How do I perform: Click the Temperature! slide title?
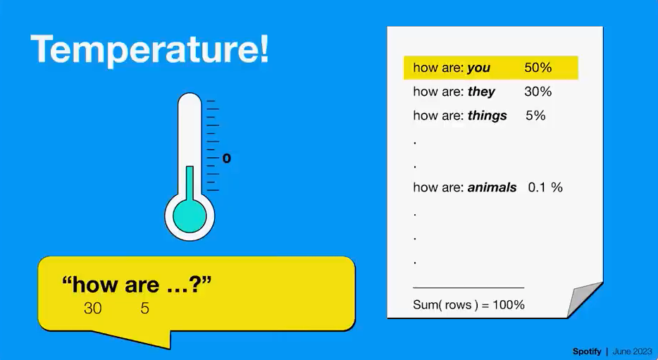click(x=149, y=50)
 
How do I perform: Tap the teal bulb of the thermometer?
click(x=190, y=216)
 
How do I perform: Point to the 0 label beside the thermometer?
click(x=227, y=159)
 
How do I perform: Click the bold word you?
click(x=478, y=68)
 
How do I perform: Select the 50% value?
click(x=538, y=68)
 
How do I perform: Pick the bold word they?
click(x=481, y=92)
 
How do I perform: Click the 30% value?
click(x=538, y=92)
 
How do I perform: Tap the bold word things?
click(x=488, y=116)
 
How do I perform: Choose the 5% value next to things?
click(x=535, y=116)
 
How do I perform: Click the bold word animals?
click(x=492, y=187)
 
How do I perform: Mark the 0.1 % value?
click(x=545, y=187)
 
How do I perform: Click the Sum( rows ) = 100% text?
click(x=468, y=304)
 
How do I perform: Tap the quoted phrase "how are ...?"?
click(x=137, y=285)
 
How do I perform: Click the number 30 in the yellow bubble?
click(x=93, y=309)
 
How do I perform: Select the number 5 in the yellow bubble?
click(x=145, y=309)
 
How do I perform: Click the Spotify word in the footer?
click(x=587, y=352)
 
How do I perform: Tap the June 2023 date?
click(x=633, y=352)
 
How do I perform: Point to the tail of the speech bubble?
click(x=139, y=338)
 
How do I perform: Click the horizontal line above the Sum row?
click(x=468, y=288)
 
